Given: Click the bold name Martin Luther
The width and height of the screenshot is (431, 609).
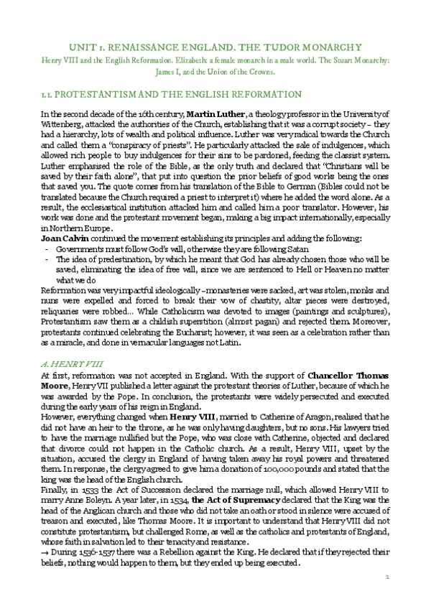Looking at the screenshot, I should [215, 114].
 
